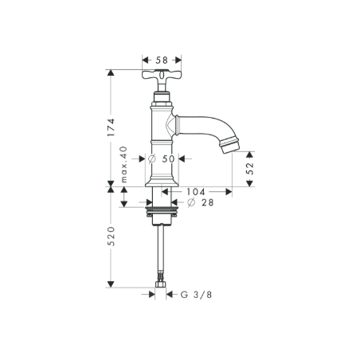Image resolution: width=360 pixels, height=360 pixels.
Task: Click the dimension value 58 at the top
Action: tap(162, 60)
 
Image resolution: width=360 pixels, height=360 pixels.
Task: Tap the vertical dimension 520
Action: tap(112, 236)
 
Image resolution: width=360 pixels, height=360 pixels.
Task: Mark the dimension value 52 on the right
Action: tap(251, 168)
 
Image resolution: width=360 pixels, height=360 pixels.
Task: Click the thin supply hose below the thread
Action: tap(162, 247)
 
